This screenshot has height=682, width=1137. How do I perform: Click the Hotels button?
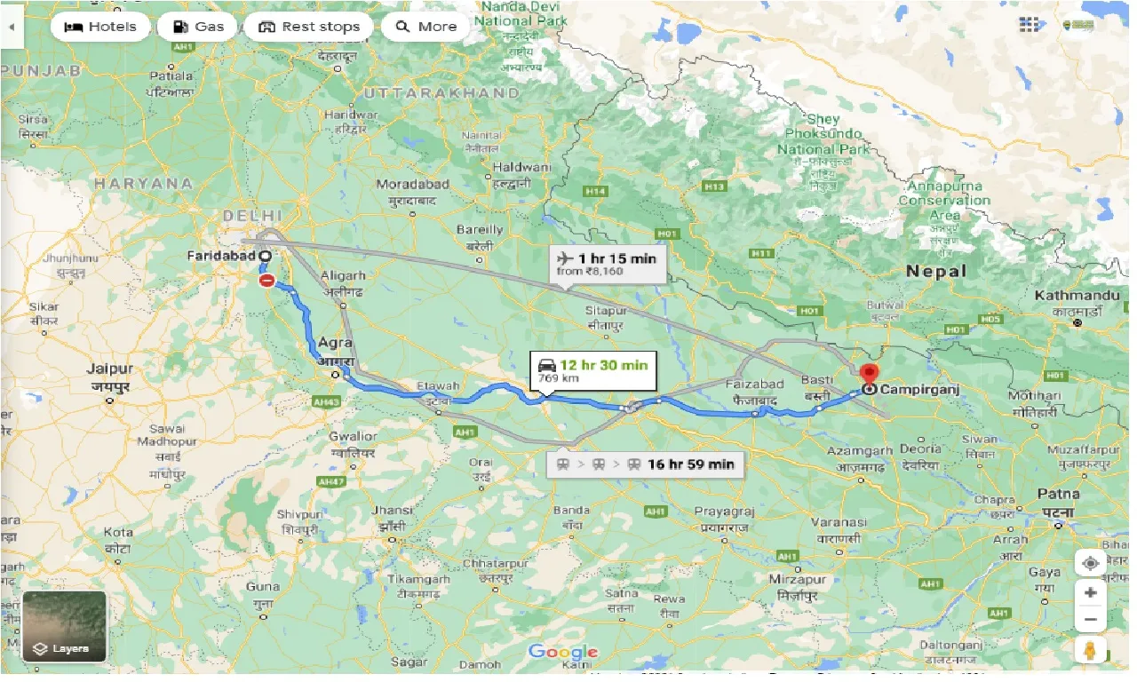tap(99, 27)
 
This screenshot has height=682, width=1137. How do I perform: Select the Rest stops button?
tap(308, 27)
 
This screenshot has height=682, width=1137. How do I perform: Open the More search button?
tap(425, 27)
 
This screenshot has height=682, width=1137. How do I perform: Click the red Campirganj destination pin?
tap(869, 375)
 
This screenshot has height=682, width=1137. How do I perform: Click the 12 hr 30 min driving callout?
tap(592, 371)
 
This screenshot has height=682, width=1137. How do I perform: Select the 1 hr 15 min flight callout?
tap(608, 263)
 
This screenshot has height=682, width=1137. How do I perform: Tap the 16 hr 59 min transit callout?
tap(645, 464)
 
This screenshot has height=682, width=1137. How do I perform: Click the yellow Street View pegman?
tap(1090, 649)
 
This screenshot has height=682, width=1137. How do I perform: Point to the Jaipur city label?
tap(110, 369)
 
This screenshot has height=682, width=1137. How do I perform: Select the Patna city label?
tap(1058, 495)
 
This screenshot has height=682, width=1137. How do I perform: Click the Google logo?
tap(563, 653)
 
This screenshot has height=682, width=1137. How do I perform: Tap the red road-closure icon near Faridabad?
tap(266, 281)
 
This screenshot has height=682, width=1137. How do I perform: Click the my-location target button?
tap(1090, 562)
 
